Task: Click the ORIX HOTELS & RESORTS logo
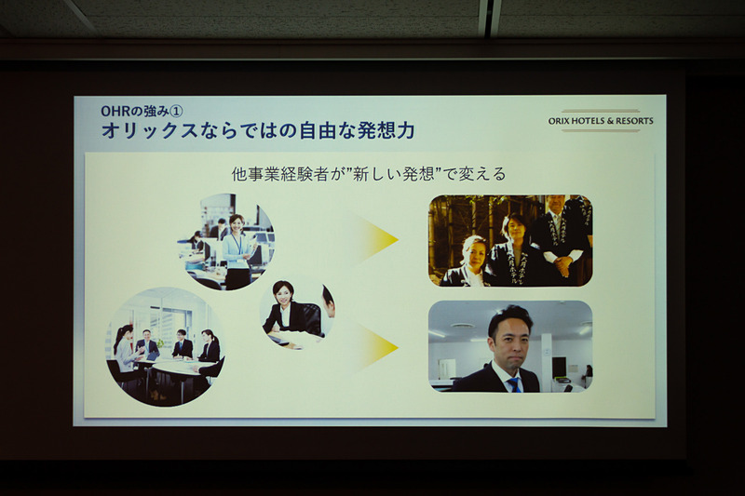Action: coord(601,121)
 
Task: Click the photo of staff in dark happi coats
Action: coord(509,240)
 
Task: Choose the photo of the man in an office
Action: coord(509,346)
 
